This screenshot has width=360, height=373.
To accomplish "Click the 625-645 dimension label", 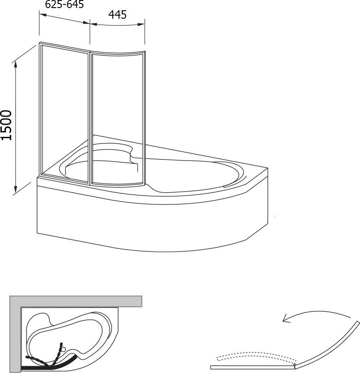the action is coord(64,4).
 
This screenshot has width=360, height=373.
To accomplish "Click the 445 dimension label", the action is coord(117,15).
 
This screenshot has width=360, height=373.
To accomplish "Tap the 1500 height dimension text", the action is coord(6,125).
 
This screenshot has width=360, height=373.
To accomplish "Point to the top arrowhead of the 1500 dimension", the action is coord(16,64).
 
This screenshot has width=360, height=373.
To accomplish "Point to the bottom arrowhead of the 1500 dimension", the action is coord(16,189).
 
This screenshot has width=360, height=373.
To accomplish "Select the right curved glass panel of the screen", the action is coord(118,118).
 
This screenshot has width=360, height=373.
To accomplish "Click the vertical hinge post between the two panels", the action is coord(90,118).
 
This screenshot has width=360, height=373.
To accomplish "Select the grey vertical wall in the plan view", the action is coord(15,334).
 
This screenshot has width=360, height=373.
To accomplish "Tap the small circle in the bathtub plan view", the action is coord(64,349).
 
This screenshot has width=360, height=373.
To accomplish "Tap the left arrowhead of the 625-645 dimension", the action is coord(43,15).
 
